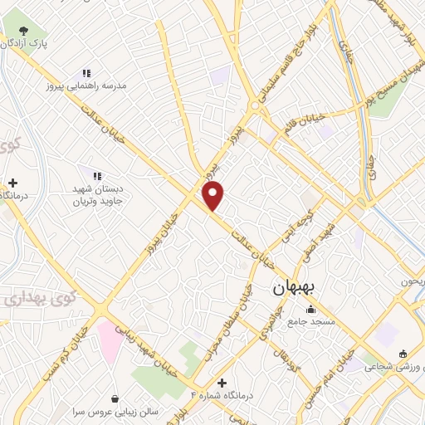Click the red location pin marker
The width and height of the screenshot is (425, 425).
[214, 196]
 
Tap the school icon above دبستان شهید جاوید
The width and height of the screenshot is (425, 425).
[98, 175]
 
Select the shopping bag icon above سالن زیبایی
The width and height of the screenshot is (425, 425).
[114, 398]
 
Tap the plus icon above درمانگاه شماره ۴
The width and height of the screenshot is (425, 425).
[222, 383]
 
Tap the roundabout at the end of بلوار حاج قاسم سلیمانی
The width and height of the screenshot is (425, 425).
[255, 106]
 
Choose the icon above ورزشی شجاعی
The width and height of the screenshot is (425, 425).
[403, 353]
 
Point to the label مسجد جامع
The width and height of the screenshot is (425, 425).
[311, 320]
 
